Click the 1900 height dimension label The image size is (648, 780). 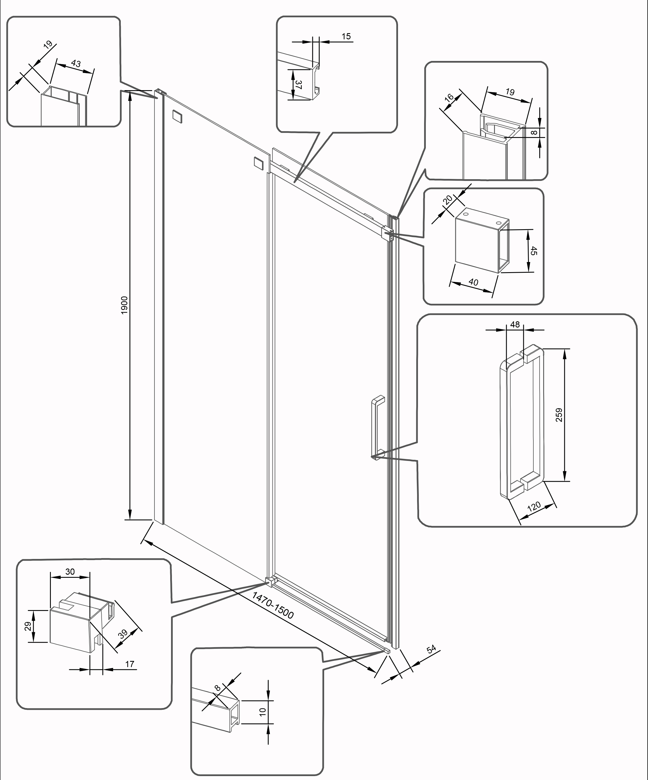(124, 304)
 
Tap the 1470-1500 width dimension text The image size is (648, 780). (273, 605)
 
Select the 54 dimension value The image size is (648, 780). (431, 649)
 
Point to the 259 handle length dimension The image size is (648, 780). (559, 415)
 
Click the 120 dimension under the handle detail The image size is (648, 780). (534, 507)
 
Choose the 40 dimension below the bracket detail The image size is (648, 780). (473, 282)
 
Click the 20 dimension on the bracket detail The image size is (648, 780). (449, 199)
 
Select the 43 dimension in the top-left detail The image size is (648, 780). (76, 63)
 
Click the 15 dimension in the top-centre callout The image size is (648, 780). (346, 37)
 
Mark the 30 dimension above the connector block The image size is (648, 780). (70, 572)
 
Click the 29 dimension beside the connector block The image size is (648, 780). (28, 627)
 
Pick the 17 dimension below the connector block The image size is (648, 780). (129, 664)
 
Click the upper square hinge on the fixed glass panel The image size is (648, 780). (177, 116)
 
